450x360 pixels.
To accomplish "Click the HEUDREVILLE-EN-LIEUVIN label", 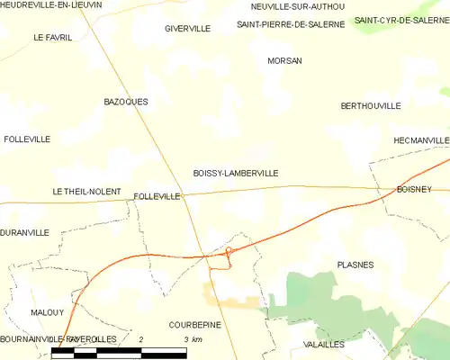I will point(51,5).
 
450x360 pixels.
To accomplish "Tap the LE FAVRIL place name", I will point(51,38).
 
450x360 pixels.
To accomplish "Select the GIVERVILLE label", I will point(187,29).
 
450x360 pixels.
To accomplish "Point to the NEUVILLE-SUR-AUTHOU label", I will point(297,6).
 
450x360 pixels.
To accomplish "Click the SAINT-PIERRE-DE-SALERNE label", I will point(291,24).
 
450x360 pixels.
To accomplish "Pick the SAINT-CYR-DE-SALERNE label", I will point(401,20).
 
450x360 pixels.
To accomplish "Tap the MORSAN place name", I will point(284,61).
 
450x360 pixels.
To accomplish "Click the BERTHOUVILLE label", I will point(371,106).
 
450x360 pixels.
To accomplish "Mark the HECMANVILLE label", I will point(421,141).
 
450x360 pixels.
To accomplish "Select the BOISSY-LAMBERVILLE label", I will point(236,173).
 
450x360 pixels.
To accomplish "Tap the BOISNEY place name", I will point(414,189).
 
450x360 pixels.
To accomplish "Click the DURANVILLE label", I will point(25,232).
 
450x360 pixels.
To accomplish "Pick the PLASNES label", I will point(355,265).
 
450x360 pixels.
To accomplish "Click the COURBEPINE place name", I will point(194,324).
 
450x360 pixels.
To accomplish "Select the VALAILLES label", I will point(325,345).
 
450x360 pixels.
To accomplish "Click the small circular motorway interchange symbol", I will point(229,250).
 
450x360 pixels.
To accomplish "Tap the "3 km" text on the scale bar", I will point(192,338).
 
